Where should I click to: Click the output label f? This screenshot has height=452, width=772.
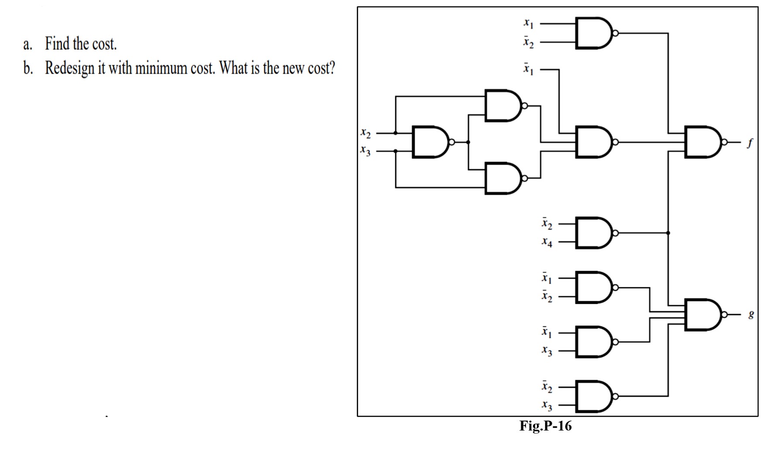[x=749, y=143]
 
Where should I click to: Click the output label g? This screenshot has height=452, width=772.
[x=751, y=314]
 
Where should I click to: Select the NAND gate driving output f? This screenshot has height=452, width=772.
[x=702, y=142]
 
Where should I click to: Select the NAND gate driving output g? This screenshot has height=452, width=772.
[x=702, y=315]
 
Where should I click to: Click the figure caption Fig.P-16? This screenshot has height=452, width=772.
[x=545, y=426]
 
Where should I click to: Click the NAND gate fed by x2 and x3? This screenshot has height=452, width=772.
[x=430, y=142]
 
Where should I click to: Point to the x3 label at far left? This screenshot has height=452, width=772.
[x=366, y=151]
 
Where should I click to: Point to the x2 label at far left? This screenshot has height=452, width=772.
[x=366, y=133]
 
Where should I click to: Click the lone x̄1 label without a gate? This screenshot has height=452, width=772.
[x=528, y=69]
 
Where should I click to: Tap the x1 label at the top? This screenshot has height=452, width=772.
[x=528, y=23]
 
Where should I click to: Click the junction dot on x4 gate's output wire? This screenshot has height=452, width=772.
[x=668, y=233]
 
